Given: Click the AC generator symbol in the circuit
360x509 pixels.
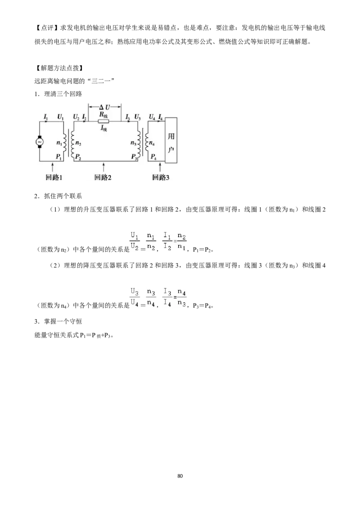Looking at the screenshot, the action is pos(40,142).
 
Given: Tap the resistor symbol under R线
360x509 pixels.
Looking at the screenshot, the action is pos(103,121).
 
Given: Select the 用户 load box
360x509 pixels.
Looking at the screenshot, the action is pos(171,140).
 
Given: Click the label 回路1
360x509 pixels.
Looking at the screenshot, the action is pos(54,177).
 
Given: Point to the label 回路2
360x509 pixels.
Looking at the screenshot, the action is pos(103,177).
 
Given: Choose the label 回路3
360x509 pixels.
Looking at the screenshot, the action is pos(161,177).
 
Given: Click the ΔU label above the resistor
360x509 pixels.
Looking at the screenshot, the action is pos(104,107).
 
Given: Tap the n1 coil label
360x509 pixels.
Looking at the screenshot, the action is pos(59,143).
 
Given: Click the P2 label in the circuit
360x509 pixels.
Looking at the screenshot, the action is pos(78,157).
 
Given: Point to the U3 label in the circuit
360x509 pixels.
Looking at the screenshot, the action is pos(137,116).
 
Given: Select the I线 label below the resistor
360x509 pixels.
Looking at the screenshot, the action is pos(103,128).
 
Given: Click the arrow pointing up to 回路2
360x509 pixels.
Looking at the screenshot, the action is pos(103,167).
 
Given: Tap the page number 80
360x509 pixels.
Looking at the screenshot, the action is pos(180,476).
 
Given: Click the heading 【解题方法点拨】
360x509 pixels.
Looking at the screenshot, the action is pos(59,68).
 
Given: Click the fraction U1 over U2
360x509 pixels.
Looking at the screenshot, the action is pos(135,241).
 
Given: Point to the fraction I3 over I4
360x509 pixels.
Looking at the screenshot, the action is pos(167,297).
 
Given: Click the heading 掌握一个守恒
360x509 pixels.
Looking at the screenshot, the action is pos(63,321).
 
